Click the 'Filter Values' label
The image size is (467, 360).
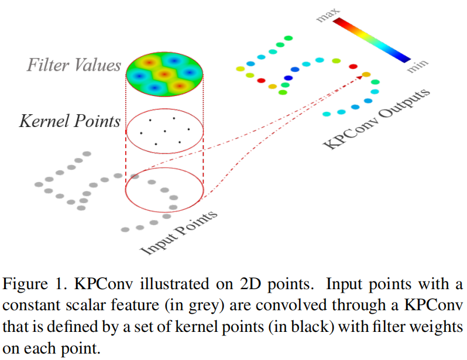coord(74,64)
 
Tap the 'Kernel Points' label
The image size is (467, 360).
coord(70,121)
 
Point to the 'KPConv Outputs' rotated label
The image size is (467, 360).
coord(377,119)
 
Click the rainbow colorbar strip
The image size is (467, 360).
coord(372,40)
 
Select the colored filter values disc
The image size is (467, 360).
coord(165,74)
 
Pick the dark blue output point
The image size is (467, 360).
coord(288,78)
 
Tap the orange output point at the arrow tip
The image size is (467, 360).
coord(366,74)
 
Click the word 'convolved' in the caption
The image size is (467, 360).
coord(298,305)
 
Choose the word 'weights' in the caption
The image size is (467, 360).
coord(434,325)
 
